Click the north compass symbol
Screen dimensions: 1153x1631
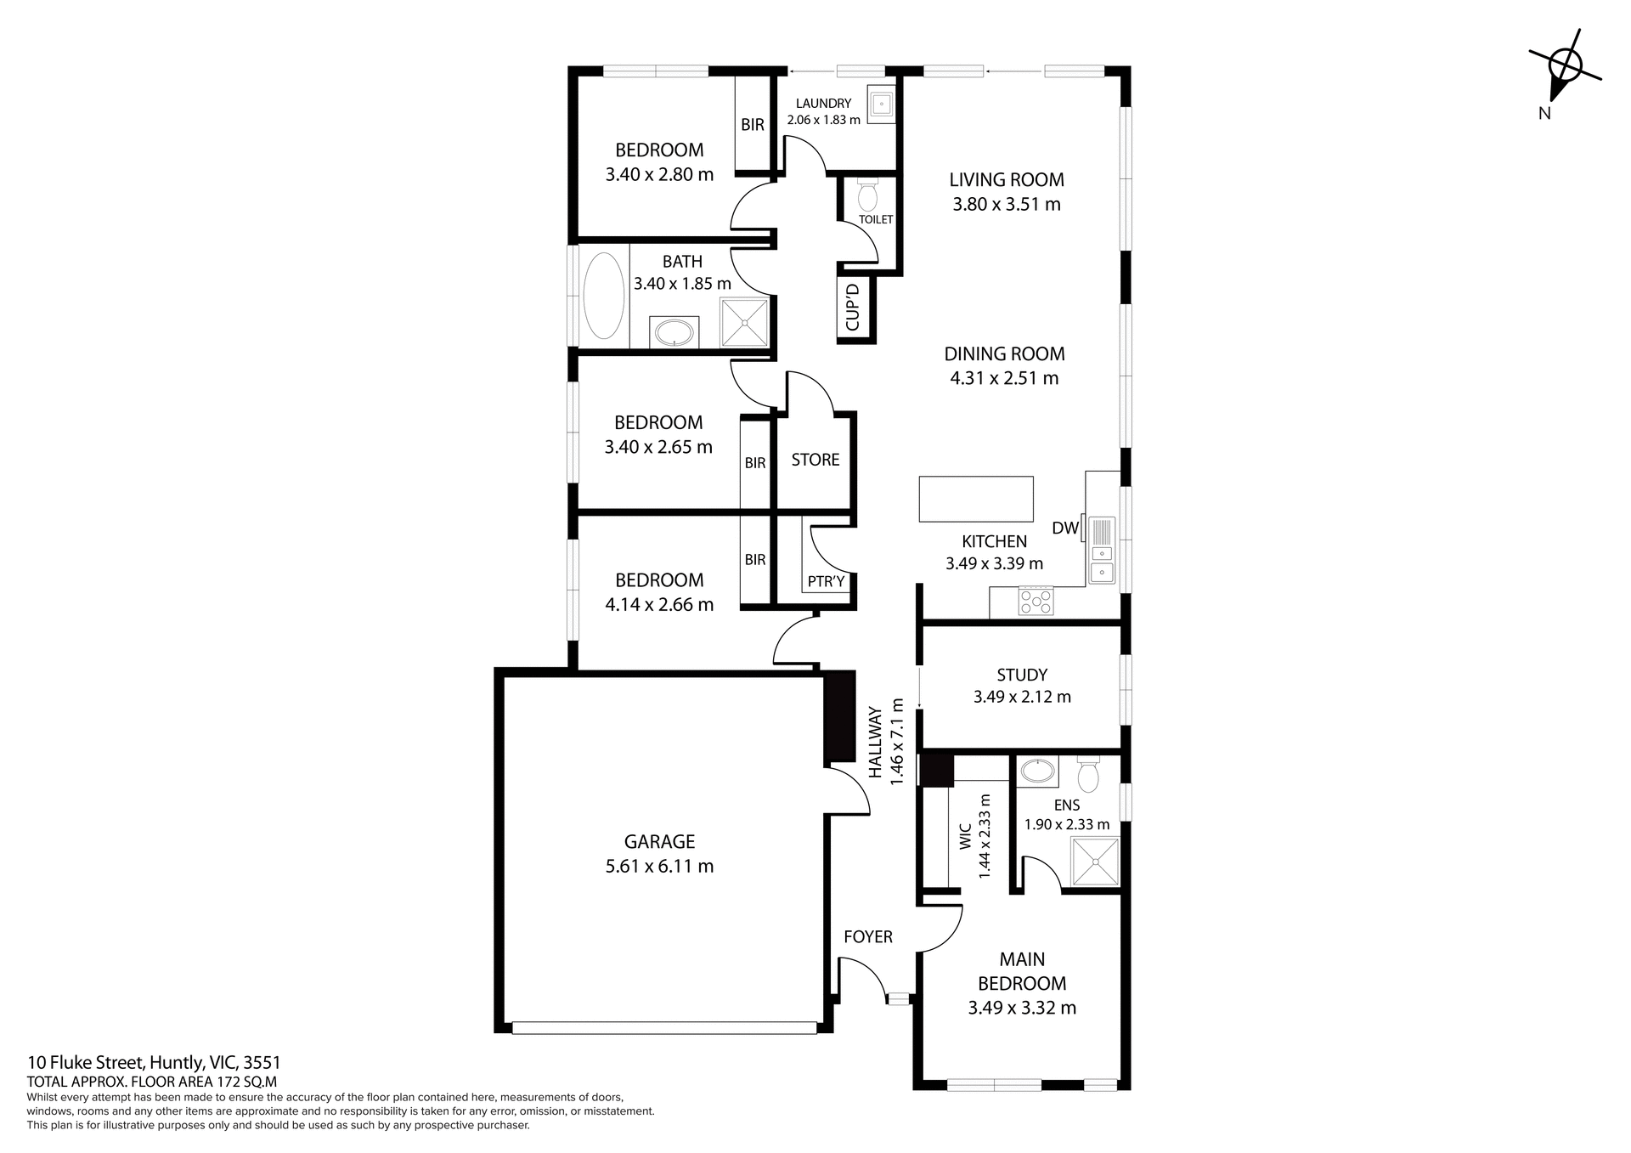click(x=1564, y=68)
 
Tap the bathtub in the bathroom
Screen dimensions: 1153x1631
click(x=604, y=297)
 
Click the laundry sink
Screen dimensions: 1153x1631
click(x=882, y=105)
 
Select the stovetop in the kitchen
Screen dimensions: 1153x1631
click(x=1036, y=602)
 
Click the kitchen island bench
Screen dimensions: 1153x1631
click(x=976, y=499)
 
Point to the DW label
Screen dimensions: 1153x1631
click(x=1064, y=528)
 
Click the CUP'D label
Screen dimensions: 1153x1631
click(x=854, y=307)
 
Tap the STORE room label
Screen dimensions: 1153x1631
click(x=815, y=460)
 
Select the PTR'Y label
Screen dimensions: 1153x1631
click(x=826, y=581)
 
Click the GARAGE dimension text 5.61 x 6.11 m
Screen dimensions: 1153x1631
click(x=659, y=867)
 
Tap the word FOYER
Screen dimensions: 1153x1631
click(x=867, y=936)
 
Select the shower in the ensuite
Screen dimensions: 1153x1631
click(x=1095, y=862)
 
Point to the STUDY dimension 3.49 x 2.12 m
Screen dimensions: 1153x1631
click(x=1022, y=697)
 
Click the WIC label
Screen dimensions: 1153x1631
click(x=965, y=834)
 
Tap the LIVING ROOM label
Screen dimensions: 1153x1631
click(x=1007, y=179)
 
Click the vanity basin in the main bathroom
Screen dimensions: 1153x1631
click(x=675, y=331)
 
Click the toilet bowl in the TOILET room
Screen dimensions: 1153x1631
click(x=867, y=197)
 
